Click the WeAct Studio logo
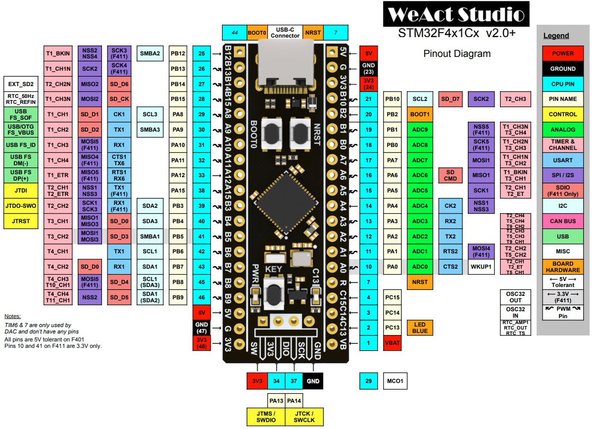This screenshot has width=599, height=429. point(455,14)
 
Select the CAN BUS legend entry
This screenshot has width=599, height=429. point(563,221)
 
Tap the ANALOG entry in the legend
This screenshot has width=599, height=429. point(563,130)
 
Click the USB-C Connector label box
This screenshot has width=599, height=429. point(285,33)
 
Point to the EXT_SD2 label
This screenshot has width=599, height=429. point(21,84)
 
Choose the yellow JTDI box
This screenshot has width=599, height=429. point(21,191)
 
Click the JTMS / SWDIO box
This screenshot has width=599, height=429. point(265,417)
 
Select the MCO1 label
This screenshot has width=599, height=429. point(395,381)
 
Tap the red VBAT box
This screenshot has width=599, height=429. point(393,343)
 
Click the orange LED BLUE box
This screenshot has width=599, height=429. point(420,328)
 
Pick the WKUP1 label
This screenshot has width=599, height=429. point(481,267)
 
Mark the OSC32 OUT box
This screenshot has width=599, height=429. point(515,297)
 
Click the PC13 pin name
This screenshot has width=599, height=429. point(393,328)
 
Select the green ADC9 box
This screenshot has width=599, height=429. point(420,130)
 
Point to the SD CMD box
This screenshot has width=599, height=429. point(450,175)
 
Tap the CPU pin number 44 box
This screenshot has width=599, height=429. point(235,33)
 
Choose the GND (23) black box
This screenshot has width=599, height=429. point(368,68)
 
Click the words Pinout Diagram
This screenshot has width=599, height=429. point(457,54)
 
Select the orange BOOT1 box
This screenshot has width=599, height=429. point(420,114)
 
